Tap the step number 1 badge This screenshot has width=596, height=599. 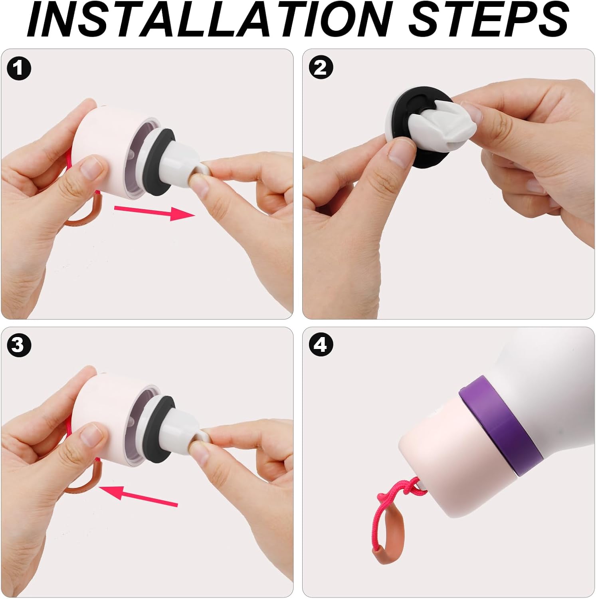pyautogui.click(x=18, y=68)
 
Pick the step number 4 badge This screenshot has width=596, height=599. pyautogui.click(x=321, y=344)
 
